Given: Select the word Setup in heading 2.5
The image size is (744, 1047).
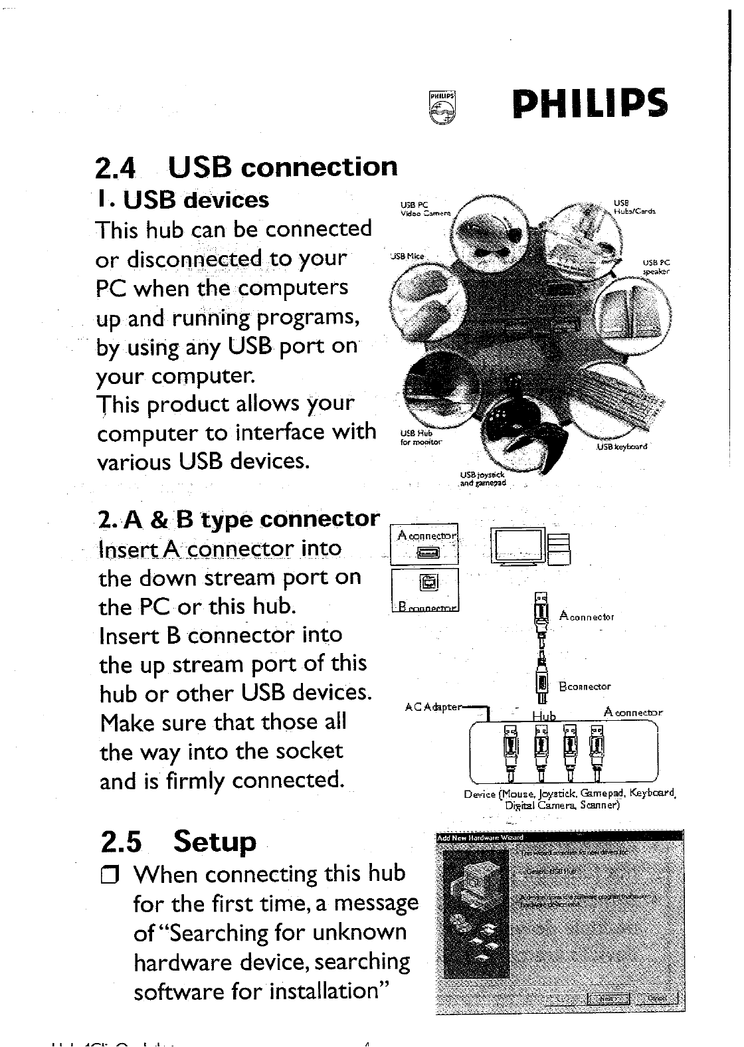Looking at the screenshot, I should tap(214, 842).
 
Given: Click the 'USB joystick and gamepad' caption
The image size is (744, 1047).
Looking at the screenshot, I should tap(483, 479).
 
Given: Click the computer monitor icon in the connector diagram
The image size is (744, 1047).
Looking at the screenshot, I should tap(518, 545).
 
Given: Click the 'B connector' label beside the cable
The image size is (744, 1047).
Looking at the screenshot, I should tap(585, 686).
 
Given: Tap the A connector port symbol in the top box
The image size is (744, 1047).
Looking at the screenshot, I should tap(425, 551).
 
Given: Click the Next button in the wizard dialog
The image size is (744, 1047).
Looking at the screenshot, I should tap(607, 999).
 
